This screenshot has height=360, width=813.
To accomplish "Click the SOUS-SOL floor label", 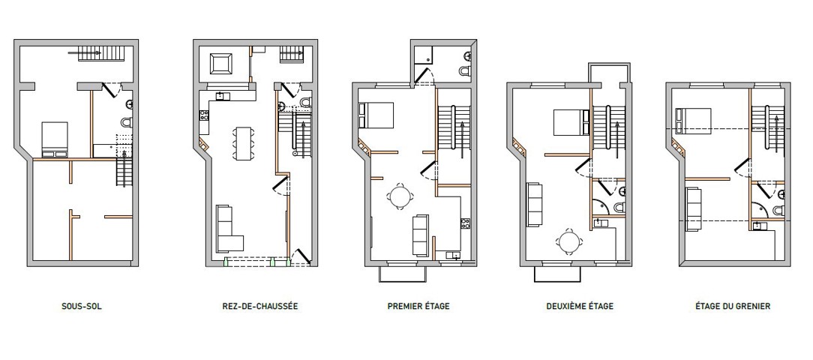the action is point(82,306).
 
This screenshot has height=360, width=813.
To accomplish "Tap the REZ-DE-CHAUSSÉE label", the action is point(259,306).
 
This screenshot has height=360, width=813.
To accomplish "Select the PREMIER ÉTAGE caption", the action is point(418,306).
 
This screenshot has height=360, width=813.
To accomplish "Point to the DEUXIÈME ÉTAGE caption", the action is point(580,306).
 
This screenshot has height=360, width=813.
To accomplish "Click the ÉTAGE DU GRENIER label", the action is point(733,306).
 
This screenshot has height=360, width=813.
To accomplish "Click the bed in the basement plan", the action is point(55,139).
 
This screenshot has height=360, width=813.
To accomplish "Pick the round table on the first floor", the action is point(400,196).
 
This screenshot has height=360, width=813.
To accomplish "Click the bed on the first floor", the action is point(376,115).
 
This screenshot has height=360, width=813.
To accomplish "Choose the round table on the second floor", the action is point(570,242).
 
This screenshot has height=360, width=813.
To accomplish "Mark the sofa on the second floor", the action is point(535,205).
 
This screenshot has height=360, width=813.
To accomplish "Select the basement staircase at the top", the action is point(102,53).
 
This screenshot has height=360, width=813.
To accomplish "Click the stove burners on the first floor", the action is point(465,223).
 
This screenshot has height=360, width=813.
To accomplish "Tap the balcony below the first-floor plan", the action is point(402,274).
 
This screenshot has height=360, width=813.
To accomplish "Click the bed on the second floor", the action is point(571,122).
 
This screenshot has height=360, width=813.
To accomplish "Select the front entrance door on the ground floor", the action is point(301,256).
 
